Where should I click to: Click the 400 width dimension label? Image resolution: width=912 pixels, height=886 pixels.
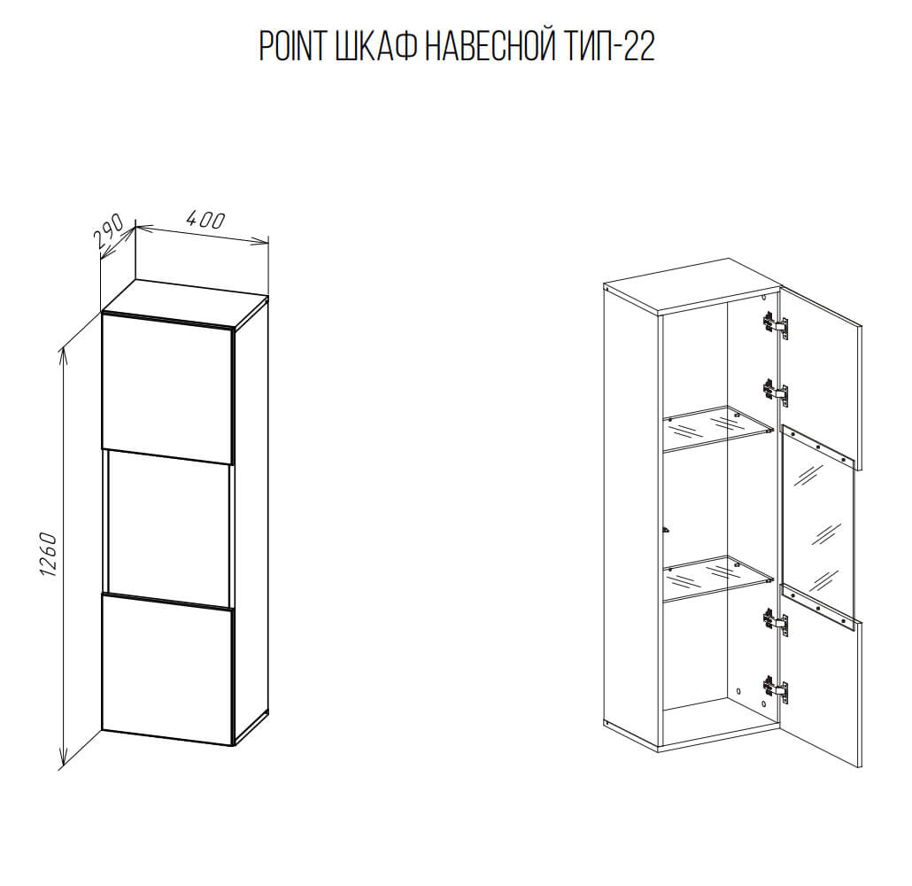[205, 220]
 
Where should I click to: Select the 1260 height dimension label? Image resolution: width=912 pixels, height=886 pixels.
[50, 554]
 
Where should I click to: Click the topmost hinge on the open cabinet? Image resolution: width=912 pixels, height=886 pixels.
[776, 325]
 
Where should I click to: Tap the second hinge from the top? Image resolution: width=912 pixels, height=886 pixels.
[776, 392]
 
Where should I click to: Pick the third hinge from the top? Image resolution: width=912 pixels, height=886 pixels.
[776, 622]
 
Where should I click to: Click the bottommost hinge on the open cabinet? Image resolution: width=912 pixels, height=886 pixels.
[776, 688]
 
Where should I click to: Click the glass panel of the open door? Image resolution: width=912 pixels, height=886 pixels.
[818, 525]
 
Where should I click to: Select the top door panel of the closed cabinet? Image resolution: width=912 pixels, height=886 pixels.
[167, 389]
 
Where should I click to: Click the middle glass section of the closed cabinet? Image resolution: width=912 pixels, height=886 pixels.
[168, 529]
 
